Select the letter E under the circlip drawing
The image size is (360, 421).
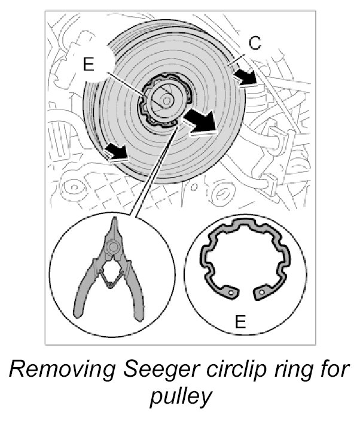(x=240, y=323)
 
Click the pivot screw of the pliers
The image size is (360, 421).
(x=112, y=246)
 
